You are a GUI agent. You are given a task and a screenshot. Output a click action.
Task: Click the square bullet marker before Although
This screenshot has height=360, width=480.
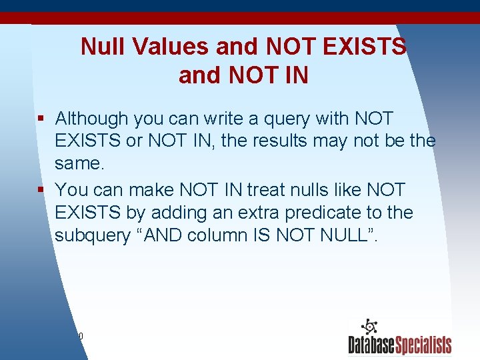coord(41,119)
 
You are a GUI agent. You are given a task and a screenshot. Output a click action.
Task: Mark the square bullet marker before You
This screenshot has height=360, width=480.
coord(41,190)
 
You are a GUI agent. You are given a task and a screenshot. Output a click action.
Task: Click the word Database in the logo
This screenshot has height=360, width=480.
coord(371,345)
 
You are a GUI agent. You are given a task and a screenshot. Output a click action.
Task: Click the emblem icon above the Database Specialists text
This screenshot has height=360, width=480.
coord(369,327)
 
